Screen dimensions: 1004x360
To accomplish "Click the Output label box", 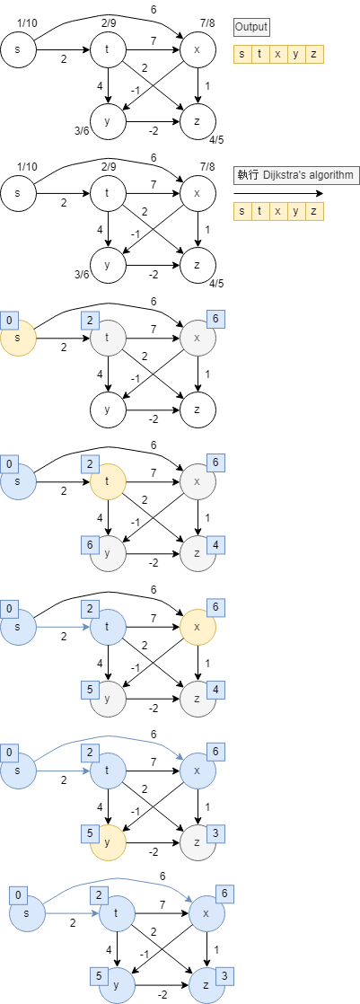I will [x=250, y=28].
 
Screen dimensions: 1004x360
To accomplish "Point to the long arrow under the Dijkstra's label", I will [x=277, y=193].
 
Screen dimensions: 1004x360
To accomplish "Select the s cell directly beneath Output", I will [x=241, y=55].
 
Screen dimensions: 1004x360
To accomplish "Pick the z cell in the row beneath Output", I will [x=313, y=55].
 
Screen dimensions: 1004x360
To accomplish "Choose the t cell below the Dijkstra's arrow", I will [x=259, y=212].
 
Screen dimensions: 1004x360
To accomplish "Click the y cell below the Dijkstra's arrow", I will [x=295, y=212].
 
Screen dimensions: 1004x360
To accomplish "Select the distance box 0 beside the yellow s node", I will [x=10, y=320].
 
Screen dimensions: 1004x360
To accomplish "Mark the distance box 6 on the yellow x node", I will [x=215, y=607].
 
